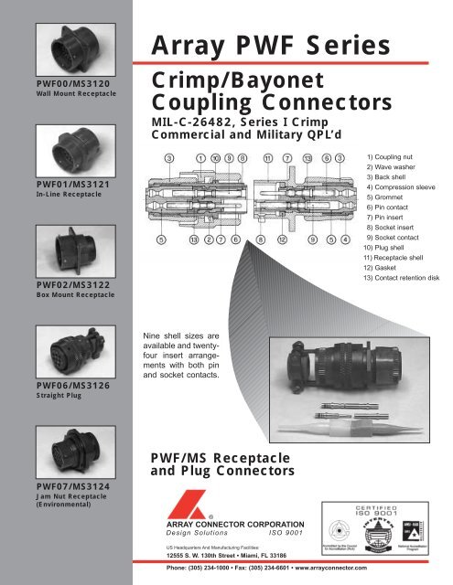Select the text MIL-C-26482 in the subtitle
[182, 122]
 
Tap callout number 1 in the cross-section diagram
[200, 158]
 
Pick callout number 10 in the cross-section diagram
[214, 158]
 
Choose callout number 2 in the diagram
[209, 241]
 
